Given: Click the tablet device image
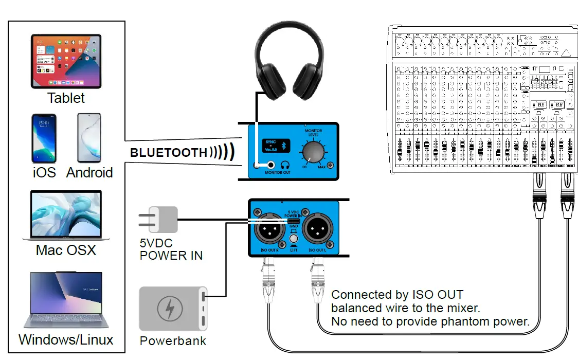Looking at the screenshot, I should point(66,61).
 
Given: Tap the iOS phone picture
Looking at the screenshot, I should point(43,138).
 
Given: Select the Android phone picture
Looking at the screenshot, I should point(89,138).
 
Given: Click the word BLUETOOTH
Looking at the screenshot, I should point(168,153).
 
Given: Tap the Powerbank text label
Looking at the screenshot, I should point(173,341).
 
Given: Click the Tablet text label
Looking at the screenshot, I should point(66,98).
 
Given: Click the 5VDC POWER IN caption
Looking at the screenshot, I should point(171,249).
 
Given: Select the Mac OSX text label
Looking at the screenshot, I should point(66,250).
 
